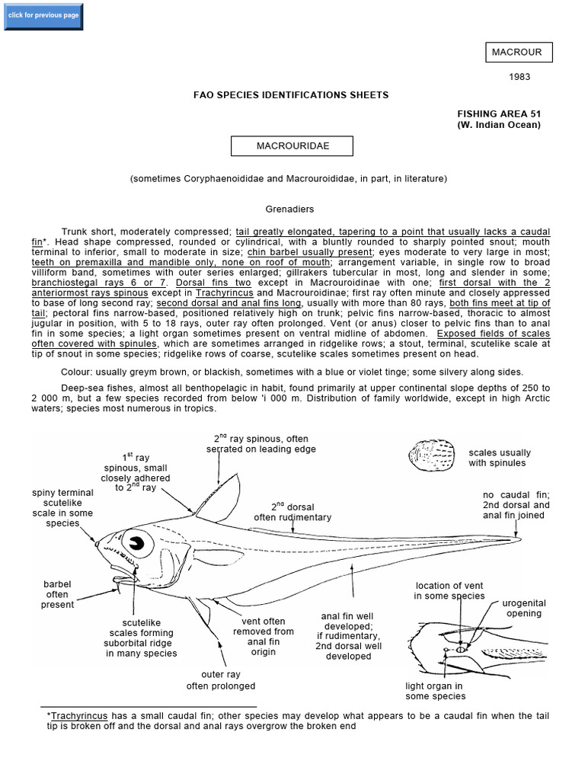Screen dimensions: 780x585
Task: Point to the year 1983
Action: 519,77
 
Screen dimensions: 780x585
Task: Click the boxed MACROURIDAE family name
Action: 292,145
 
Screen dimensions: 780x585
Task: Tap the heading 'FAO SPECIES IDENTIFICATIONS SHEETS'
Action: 292,95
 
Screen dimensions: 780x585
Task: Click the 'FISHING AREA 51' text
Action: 498,113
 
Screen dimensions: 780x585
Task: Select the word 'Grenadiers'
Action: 289,209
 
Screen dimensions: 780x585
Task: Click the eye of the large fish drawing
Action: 138,543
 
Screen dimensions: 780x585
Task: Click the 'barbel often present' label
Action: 57,594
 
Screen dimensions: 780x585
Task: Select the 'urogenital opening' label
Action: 524,608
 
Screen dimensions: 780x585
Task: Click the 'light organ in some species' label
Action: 436,691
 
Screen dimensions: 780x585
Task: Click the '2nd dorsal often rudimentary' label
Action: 292,512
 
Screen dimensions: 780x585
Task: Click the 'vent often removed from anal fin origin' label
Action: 263,637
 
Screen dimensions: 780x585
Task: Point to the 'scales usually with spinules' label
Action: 500,458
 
